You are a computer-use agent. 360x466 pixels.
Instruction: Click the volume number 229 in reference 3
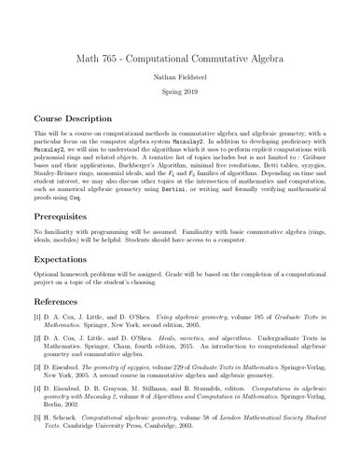pyautogui.click(x=173, y=391)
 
